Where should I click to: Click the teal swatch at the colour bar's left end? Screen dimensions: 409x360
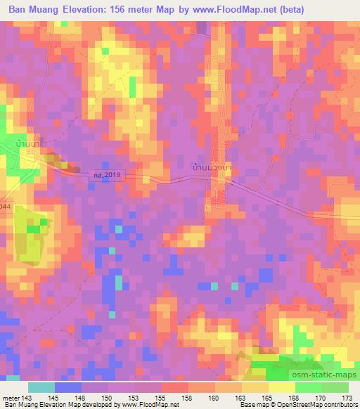coord(41,387)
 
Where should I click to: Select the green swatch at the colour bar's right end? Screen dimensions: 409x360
coord(335,387)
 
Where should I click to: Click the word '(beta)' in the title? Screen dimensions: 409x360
coord(332,11)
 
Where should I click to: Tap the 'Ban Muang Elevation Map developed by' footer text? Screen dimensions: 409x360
coord(50,405)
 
